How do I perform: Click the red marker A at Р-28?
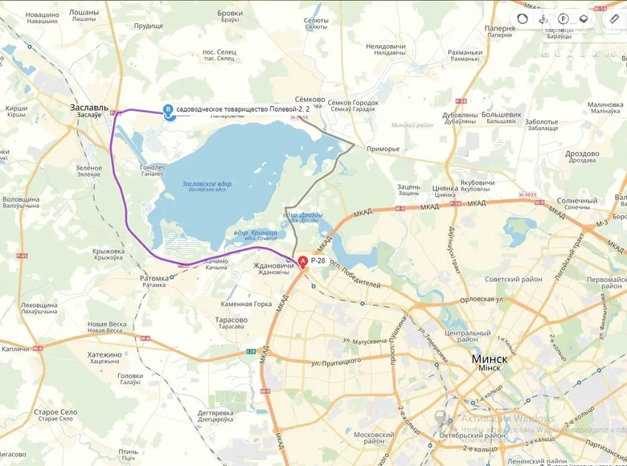(302, 261)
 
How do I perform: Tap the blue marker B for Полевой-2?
(168, 109)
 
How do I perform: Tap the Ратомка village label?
(154, 278)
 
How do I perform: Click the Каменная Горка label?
(247, 304)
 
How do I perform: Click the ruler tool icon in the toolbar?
(614, 18)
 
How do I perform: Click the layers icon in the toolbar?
(584, 18)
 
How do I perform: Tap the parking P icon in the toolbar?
(563, 18)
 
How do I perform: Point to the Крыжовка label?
(108, 251)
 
